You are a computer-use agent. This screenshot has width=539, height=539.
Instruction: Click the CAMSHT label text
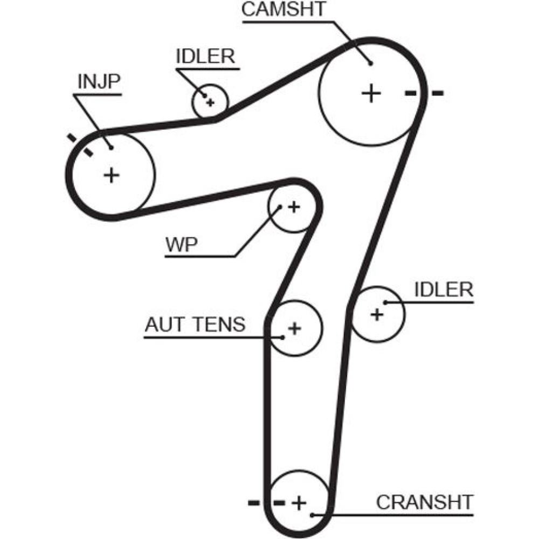pyautogui.click(x=284, y=10)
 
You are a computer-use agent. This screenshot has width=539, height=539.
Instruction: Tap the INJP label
pyautogui.click(x=99, y=81)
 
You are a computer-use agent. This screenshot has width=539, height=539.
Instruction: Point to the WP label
pyautogui.click(x=181, y=245)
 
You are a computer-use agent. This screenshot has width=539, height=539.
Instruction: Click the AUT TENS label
pyautogui.click(x=195, y=324)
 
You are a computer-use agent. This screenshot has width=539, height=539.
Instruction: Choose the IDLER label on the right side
pyautogui.click(x=444, y=289)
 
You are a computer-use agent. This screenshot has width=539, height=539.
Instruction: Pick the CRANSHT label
pyautogui.click(x=424, y=502)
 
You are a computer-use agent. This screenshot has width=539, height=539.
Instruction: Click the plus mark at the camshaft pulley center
pyautogui.click(x=371, y=93)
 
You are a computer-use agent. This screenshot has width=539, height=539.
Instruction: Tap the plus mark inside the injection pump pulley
pyautogui.click(x=111, y=175)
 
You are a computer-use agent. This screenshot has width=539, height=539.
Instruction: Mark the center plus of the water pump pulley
pyautogui.click(x=294, y=206)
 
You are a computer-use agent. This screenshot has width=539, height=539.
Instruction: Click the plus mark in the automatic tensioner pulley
pyautogui.click(x=294, y=327)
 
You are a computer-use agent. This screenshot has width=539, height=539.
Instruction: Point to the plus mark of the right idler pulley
pyautogui.click(x=377, y=314)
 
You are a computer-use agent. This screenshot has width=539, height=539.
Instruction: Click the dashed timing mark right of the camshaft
pyautogui.click(x=424, y=93)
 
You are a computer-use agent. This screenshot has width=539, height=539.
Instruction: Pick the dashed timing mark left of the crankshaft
pyautogui.click(x=266, y=503)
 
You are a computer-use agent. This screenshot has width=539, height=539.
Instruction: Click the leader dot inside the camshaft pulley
pyautogui.click(x=371, y=63)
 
